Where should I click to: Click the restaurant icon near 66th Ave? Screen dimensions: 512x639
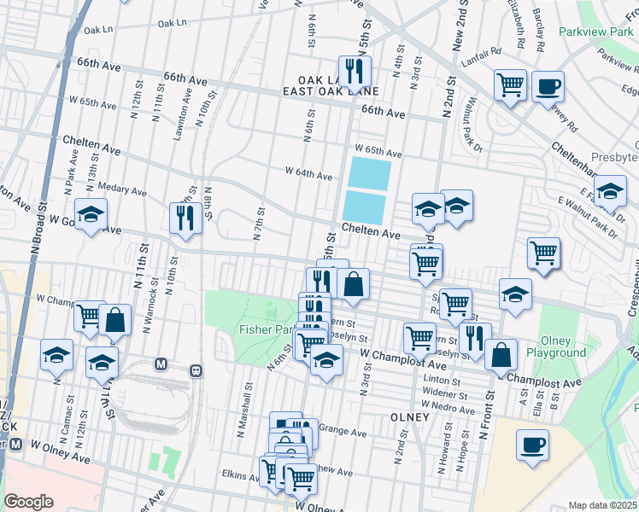[x=354, y=70]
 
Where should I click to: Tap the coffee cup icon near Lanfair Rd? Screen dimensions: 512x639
[x=548, y=86]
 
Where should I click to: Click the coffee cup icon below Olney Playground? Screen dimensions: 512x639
[x=533, y=445]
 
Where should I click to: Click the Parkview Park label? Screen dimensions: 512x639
[x=594, y=32]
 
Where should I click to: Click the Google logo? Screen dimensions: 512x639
[x=28, y=502]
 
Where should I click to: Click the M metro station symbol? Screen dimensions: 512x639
[x=160, y=364]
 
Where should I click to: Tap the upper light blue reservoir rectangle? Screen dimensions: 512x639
[x=369, y=174]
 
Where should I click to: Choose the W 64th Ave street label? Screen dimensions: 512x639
[x=308, y=176]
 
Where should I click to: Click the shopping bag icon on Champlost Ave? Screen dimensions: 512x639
[x=501, y=353]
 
